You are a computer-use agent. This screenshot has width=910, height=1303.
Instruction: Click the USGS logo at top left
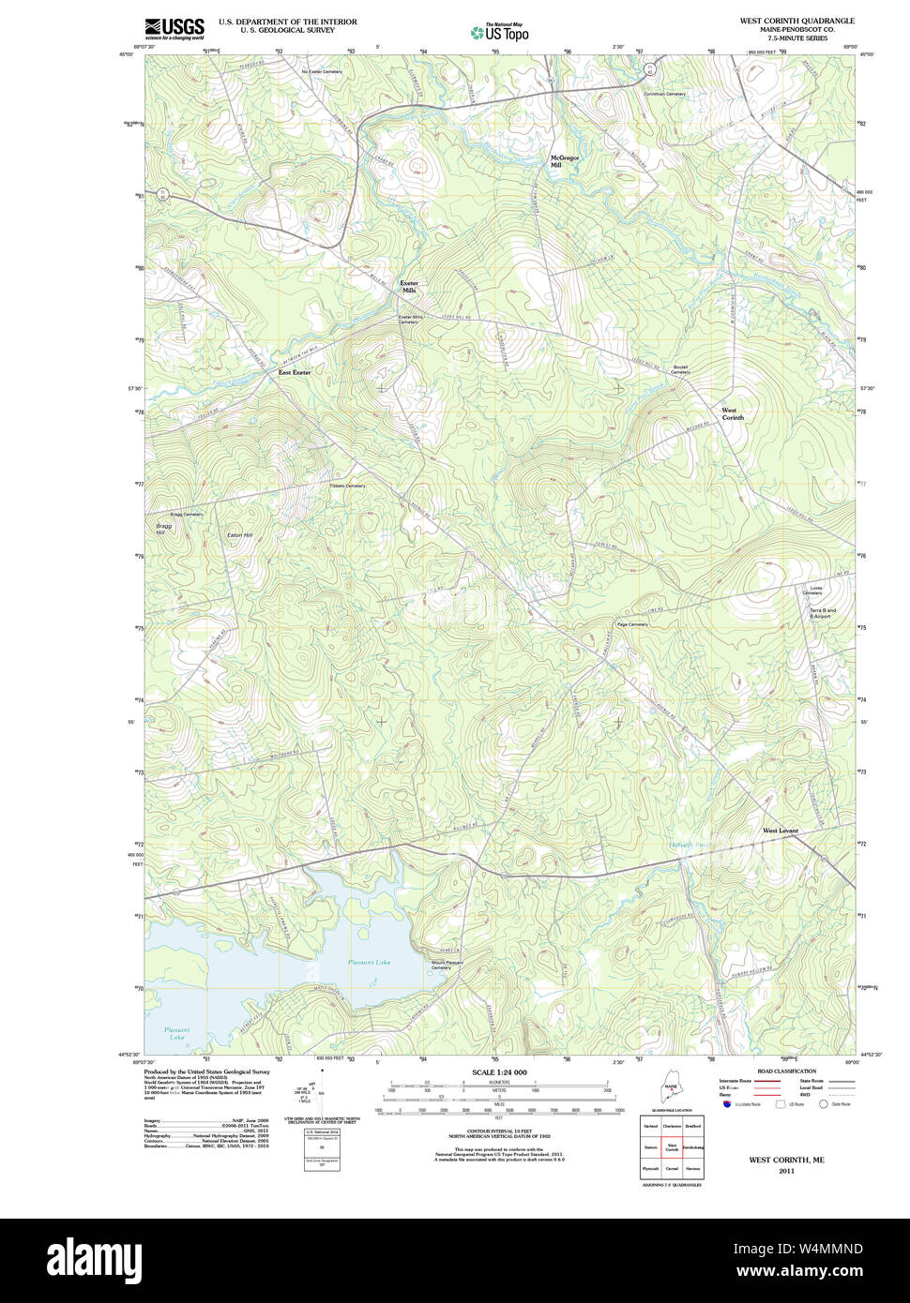click(x=174, y=28)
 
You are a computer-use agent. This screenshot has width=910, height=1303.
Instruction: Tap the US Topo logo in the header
click(x=500, y=32)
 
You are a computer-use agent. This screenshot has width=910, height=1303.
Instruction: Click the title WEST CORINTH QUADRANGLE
click(x=796, y=21)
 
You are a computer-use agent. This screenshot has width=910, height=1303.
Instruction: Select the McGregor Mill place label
click(x=565, y=161)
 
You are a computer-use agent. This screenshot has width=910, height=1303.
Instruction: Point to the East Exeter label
click(x=294, y=372)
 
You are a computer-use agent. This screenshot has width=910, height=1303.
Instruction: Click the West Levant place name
click(x=780, y=831)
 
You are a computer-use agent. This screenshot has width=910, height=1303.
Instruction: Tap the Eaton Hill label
click(x=240, y=535)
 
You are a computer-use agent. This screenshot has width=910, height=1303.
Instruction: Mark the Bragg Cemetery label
click(x=187, y=515)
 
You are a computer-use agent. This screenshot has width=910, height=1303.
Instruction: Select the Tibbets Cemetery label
click(x=347, y=486)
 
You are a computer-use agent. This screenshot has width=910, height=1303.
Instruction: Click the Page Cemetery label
click(x=632, y=624)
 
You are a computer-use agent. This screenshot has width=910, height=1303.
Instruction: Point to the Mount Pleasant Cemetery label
click(x=447, y=966)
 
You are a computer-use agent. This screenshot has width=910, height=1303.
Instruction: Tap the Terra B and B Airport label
click(x=822, y=613)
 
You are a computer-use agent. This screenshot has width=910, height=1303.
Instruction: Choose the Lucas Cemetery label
click(x=812, y=591)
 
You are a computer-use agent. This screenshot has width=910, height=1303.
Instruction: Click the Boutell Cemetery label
click(x=680, y=369)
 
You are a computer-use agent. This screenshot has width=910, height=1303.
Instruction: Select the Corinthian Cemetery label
click(x=665, y=94)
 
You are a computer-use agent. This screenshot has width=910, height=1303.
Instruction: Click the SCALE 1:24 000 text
click(x=499, y=1072)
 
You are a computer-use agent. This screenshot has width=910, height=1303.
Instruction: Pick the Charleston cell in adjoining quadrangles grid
click(x=672, y=1126)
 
